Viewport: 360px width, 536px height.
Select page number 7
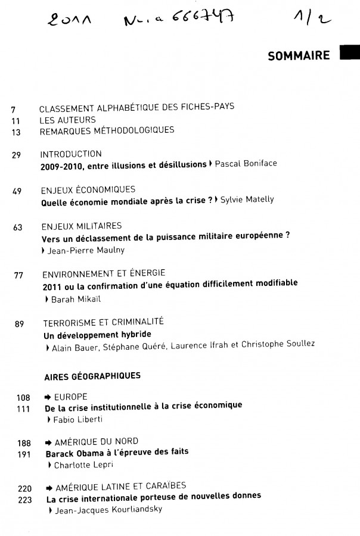point(13,109)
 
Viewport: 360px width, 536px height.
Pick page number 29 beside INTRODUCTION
point(16,155)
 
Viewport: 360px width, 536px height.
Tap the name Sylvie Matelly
point(247,200)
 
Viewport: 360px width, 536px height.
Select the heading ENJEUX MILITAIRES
point(82,226)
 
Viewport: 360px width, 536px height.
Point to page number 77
point(18,275)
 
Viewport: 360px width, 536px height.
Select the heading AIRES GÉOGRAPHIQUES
point(92,376)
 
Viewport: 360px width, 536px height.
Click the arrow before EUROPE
point(49,397)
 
